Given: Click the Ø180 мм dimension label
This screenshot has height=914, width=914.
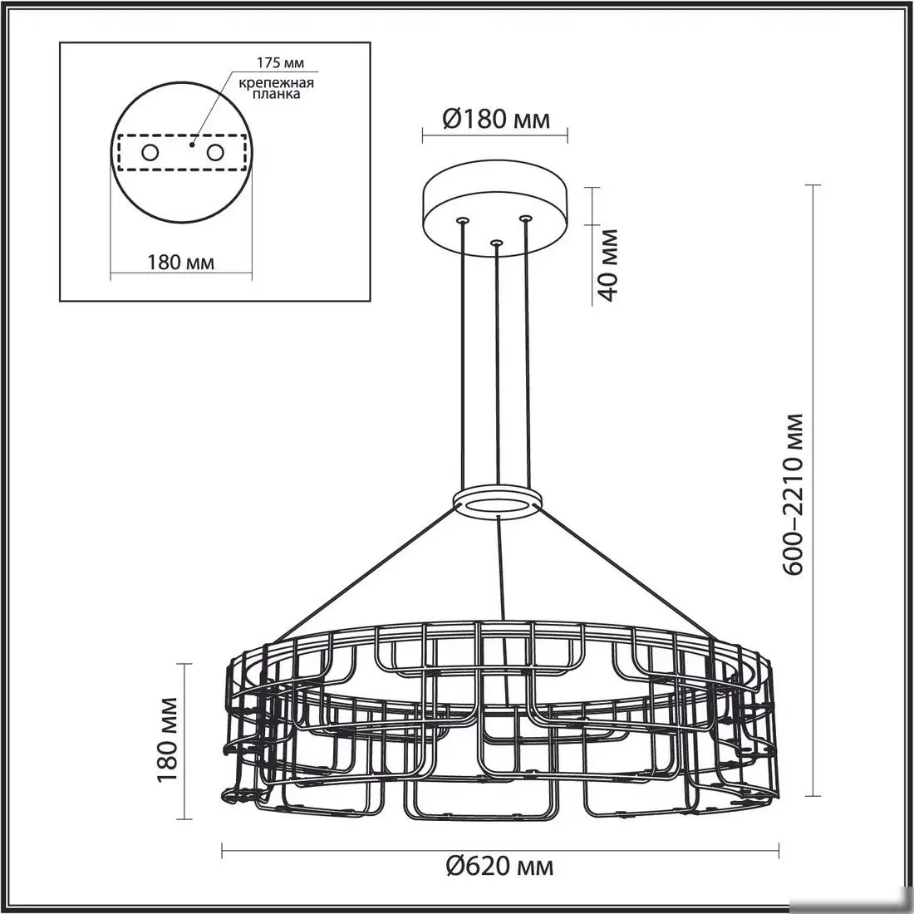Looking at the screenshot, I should coord(495,120).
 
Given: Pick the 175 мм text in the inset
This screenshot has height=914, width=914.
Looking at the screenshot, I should coord(266,63).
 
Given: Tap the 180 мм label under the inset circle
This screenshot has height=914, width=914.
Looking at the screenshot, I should coord(181,263).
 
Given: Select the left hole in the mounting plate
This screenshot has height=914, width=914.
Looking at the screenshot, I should coord(150,153).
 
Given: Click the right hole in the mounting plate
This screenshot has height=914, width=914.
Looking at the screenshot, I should coord(216,153).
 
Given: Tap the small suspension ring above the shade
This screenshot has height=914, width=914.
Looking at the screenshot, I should coord(496,501).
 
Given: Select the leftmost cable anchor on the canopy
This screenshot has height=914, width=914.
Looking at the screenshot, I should coord(462,220).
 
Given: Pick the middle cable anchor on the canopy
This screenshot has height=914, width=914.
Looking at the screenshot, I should coord(496,243).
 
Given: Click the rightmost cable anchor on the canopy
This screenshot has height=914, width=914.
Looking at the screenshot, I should coord(525,219).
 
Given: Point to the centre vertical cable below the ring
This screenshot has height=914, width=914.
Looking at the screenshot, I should coord(498,565).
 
